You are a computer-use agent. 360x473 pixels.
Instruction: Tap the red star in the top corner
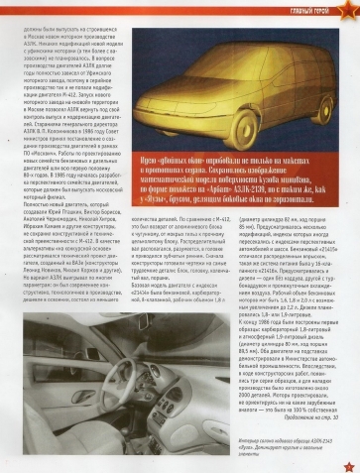pyautogui.click(x=348, y=10)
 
